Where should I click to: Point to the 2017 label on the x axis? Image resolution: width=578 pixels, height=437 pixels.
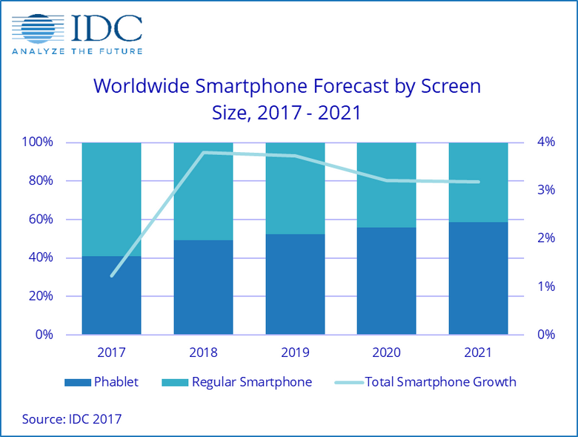(111, 352)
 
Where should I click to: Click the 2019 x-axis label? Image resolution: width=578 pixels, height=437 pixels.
(295, 352)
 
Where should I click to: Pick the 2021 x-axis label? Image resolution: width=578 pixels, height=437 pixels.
(479, 352)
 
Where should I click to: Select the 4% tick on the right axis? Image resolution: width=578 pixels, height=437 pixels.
(545, 142)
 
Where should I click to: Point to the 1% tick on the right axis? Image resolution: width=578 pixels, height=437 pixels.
(545, 286)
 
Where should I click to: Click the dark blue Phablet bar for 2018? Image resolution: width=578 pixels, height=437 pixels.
(203, 288)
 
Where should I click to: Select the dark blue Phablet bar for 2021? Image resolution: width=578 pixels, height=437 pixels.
(479, 278)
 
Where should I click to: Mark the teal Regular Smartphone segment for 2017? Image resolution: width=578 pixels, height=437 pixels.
(111, 199)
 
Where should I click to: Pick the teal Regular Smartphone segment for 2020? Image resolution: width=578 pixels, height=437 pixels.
(387, 185)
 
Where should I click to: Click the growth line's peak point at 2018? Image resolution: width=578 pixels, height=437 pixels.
(204, 153)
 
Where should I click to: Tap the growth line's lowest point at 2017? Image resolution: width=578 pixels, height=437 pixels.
(112, 276)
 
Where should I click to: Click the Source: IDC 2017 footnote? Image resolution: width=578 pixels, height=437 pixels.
(71, 419)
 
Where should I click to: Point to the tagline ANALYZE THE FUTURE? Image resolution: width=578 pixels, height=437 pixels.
(76, 50)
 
